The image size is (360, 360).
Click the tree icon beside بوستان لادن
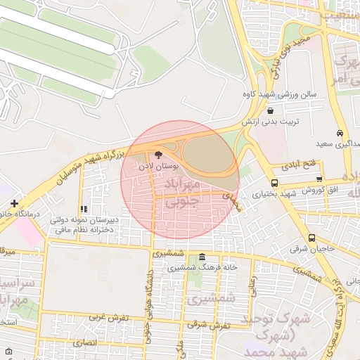pos(157,154)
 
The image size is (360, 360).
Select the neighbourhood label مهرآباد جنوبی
pos(182,191)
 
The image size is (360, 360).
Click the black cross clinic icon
pos(14,203)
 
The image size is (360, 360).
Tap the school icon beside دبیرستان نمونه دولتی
pos(84,209)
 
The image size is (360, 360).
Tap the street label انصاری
pos(83,342)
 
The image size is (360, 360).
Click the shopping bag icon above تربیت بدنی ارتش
pos(271,110)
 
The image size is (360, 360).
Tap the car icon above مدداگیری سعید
pos(340,133)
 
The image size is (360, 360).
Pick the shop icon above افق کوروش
pos(320,179)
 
